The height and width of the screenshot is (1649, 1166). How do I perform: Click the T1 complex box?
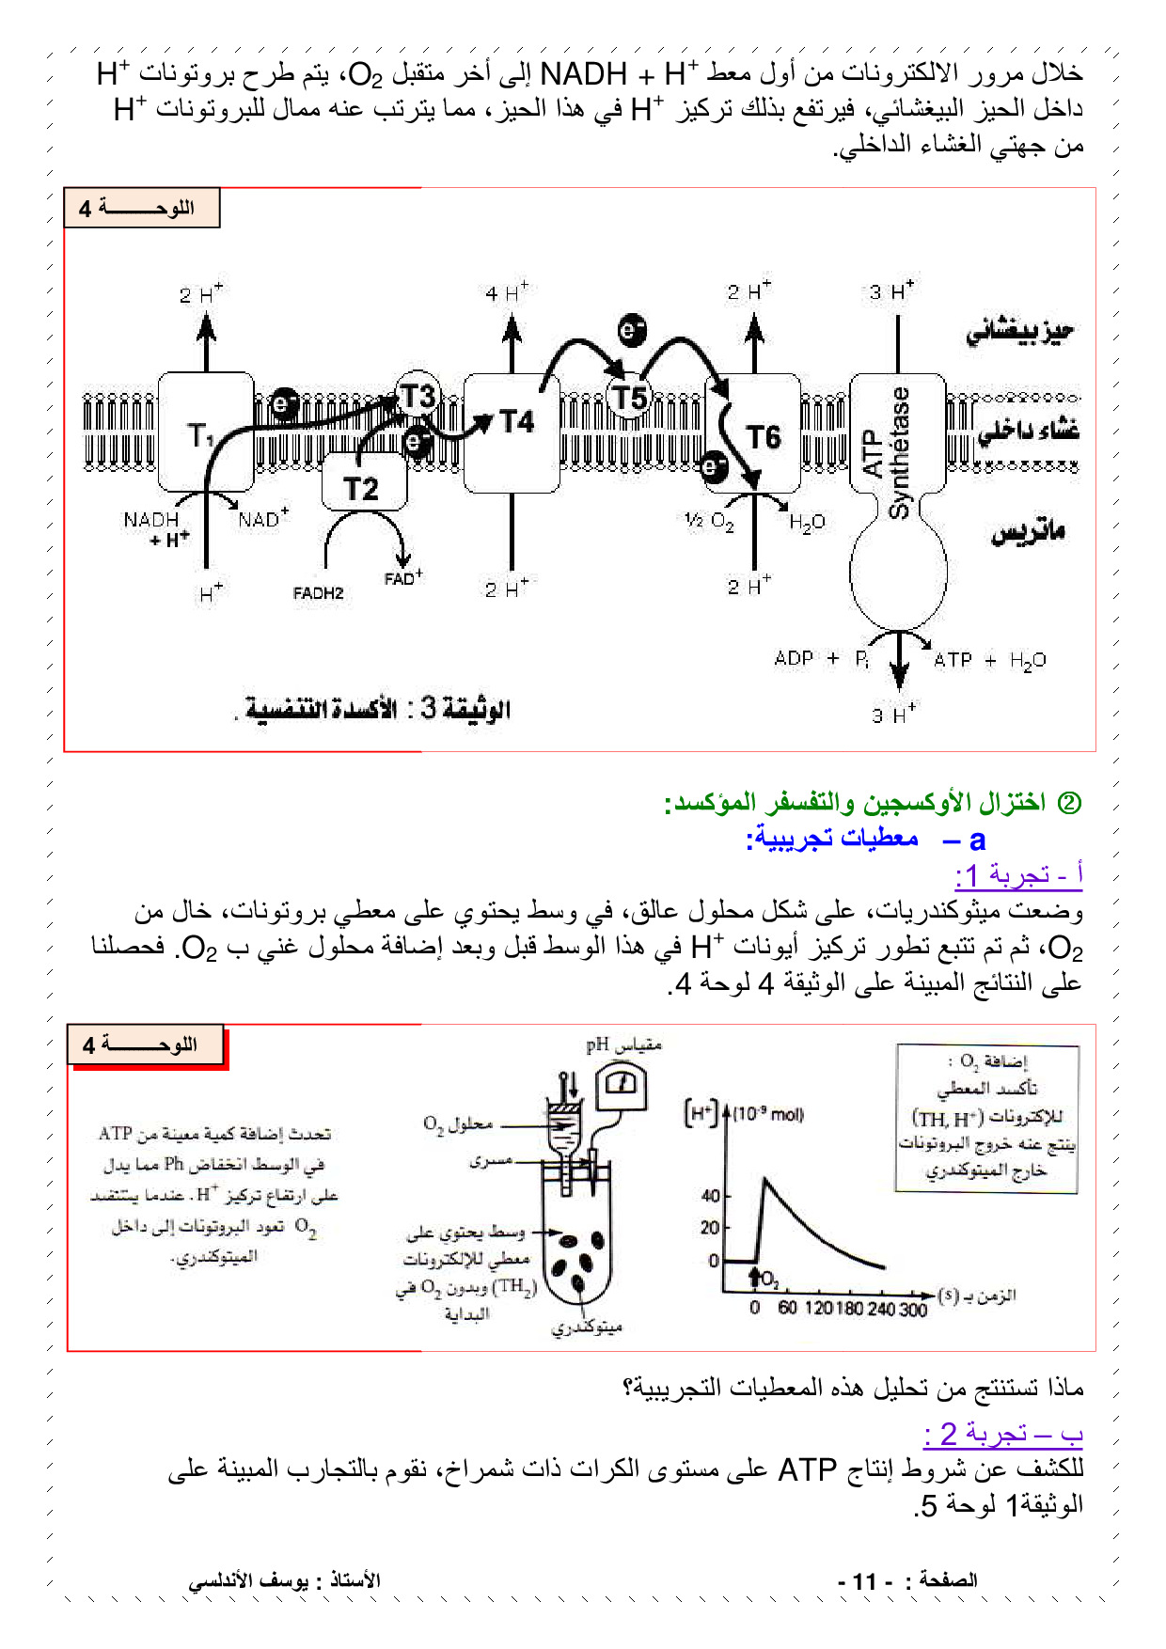(204, 432)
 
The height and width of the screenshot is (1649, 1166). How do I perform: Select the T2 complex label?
(361, 489)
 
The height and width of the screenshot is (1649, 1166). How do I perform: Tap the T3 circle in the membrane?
(418, 397)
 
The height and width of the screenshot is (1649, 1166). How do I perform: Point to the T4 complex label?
(516, 422)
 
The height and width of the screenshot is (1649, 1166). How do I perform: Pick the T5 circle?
(630, 398)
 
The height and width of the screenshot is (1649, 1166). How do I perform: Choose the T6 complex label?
(763, 437)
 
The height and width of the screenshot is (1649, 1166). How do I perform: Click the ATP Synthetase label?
(887, 452)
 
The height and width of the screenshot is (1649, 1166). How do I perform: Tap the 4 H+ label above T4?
(507, 292)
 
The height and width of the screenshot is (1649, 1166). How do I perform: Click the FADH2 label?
(318, 593)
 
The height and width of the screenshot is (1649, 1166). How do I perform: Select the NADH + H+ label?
(153, 529)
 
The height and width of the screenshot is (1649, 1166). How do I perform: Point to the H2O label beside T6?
(807, 523)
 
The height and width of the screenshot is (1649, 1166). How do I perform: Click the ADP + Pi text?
(821, 659)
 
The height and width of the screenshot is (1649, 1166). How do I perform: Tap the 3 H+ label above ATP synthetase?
(890, 291)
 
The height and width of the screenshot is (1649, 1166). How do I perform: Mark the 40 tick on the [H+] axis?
(711, 1196)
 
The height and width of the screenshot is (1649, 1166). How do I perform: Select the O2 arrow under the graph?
(754, 1278)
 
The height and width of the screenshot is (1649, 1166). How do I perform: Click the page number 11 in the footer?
(864, 1581)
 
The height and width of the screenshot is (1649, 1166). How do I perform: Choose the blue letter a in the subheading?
(977, 840)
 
